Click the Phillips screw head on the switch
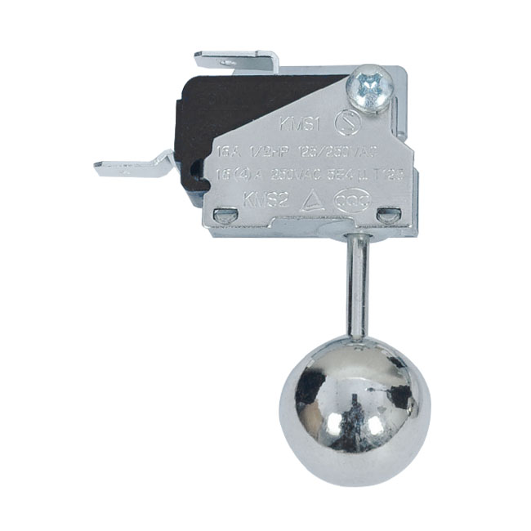coord(364,83)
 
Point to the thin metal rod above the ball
coord(356,282)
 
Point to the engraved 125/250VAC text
coord(337,152)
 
